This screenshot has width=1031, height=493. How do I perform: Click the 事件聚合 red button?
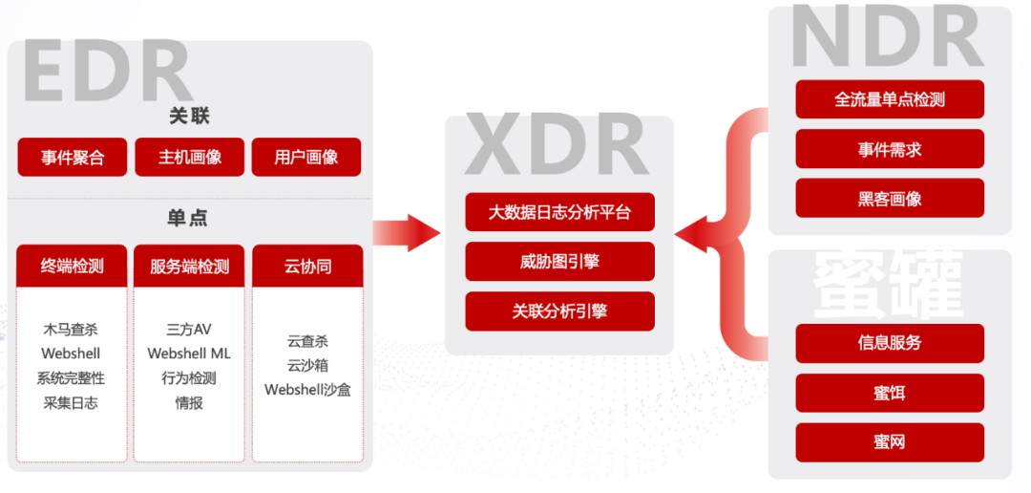pyautogui.click(x=73, y=158)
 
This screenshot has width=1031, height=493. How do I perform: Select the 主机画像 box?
pyautogui.click(x=189, y=158)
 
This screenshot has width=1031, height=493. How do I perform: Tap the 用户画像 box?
pyautogui.click(x=306, y=158)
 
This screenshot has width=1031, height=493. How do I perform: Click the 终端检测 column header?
pyautogui.click(x=72, y=267)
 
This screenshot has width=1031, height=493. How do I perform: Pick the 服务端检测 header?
pyautogui.click(x=189, y=267)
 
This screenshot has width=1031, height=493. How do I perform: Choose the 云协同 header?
pyautogui.click(x=307, y=267)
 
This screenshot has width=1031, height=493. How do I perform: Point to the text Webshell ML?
pyautogui.click(x=189, y=354)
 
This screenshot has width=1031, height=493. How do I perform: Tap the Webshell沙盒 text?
pyautogui.click(x=307, y=390)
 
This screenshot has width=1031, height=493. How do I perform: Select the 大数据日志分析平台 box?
pyautogui.click(x=560, y=212)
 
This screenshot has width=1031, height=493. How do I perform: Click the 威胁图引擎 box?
pyautogui.click(x=560, y=262)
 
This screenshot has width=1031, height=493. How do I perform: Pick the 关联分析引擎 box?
pyautogui.click(x=560, y=311)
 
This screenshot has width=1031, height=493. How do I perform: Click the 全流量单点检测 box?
pyautogui.click(x=890, y=99)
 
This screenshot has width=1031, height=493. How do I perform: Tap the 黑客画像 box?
pyautogui.click(x=890, y=198)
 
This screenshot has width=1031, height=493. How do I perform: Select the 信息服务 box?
pyautogui.click(x=890, y=343)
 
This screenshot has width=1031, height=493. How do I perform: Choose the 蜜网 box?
pyautogui.click(x=890, y=442)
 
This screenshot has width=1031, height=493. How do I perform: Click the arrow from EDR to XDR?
pyautogui.click(x=407, y=233)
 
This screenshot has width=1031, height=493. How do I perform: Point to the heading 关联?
pyautogui.click(x=189, y=117)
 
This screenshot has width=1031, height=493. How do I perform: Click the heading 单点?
pyautogui.click(x=188, y=218)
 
